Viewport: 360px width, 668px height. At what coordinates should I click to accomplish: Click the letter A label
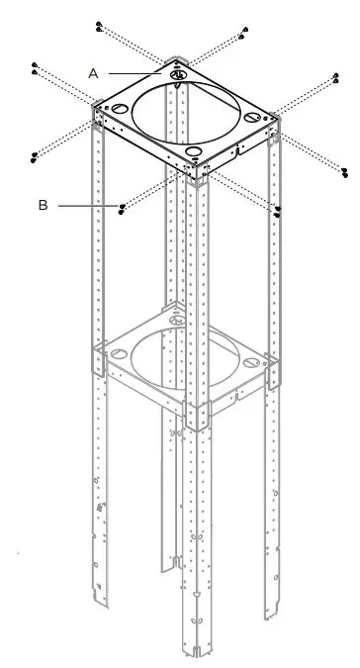pos(93,72)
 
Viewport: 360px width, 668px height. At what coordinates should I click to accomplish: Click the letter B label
pos(43,205)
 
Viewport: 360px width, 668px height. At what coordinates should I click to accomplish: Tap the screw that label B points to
pos(122,206)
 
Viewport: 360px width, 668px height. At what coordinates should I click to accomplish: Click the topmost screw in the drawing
pos(101,22)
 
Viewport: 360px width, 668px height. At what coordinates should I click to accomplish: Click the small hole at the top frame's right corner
pos(255,118)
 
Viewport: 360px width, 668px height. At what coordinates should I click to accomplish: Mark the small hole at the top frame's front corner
pos(195,153)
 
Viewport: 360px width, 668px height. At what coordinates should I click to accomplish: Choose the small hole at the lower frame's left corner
pos(116,349)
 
